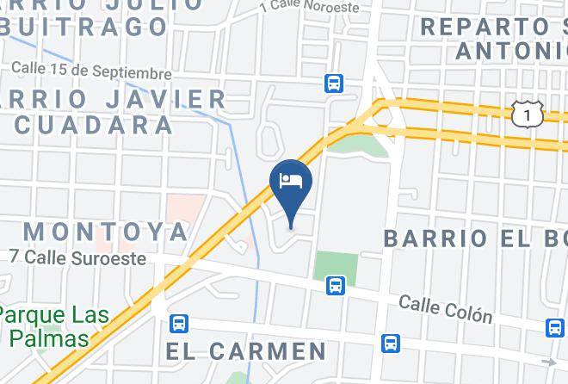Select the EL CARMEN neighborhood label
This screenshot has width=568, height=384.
click(246, 351)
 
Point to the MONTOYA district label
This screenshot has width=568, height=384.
click(105, 231)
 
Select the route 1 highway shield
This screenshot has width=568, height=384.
click(527, 114)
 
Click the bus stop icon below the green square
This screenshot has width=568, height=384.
click(335, 285)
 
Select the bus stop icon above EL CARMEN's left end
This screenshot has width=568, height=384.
click(179, 324)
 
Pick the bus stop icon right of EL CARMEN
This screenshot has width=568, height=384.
click(391, 343)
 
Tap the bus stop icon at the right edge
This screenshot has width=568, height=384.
click(555, 327)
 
